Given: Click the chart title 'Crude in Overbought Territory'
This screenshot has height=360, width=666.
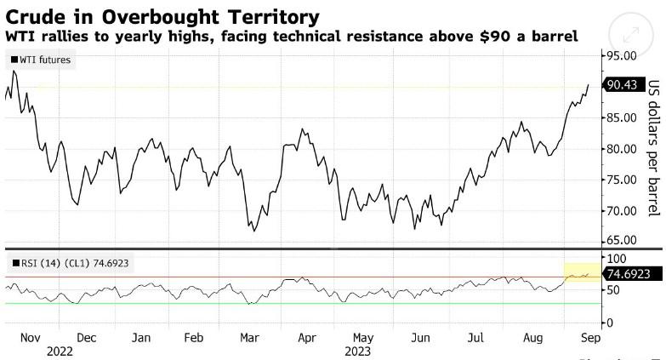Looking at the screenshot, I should pyautogui.click(x=162, y=16).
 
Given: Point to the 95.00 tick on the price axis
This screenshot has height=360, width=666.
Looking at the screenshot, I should pyautogui.click(x=622, y=56).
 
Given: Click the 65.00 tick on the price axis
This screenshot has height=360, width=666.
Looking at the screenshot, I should pyautogui.click(x=622, y=240).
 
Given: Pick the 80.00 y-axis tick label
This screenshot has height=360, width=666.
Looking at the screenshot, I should pyautogui.click(x=622, y=149).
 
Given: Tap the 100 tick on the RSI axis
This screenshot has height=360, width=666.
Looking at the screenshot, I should pyautogui.click(x=615, y=258).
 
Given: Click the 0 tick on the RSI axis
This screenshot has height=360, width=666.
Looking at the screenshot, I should pyautogui.click(x=608, y=323).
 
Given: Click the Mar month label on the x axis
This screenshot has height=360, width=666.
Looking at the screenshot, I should pyautogui.click(x=250, y=337).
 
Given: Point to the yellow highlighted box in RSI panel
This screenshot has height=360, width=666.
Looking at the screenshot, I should pyautogui.click(x=581, y=272).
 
